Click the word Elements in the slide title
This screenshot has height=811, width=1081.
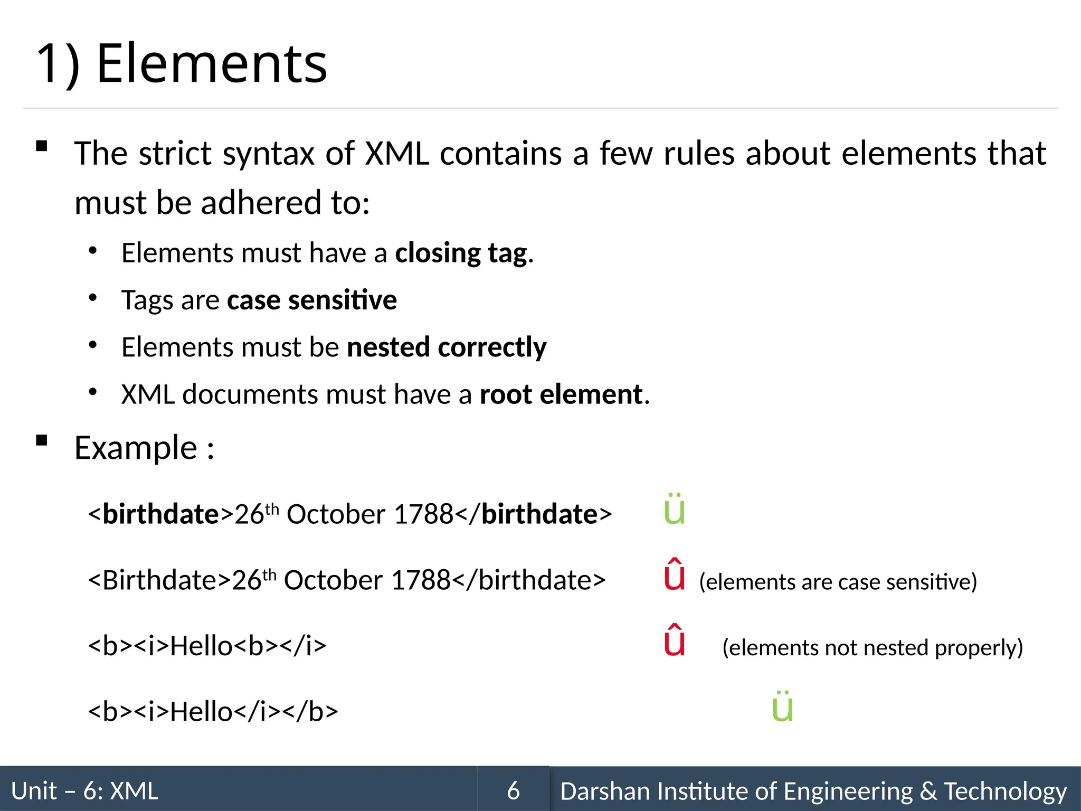click(212, 64)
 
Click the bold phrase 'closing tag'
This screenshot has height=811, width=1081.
click(461, 253)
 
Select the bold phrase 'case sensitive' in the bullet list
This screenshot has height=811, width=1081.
click(311, 300)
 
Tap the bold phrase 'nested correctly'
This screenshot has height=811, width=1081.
click(447, 347)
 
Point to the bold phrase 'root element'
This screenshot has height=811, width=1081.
click(561, 394)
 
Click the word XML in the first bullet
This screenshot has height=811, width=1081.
click(397, 154)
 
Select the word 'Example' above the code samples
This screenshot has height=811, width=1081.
click(136, 448)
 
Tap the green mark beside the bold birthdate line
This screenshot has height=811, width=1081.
click(674, 511)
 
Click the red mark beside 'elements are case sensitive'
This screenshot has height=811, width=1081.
click(674, 576)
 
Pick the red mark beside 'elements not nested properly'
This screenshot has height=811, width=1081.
click(674, 641)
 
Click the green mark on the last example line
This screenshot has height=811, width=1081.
click(782, 707)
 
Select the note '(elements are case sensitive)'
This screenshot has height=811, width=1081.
click(838, 582)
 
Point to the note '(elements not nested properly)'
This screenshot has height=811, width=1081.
click(872, 648)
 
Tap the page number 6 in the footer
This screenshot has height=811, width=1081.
click(513, 791)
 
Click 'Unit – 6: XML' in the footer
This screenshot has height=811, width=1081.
click(84, 791)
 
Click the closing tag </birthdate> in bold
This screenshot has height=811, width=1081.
click(533, 514)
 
